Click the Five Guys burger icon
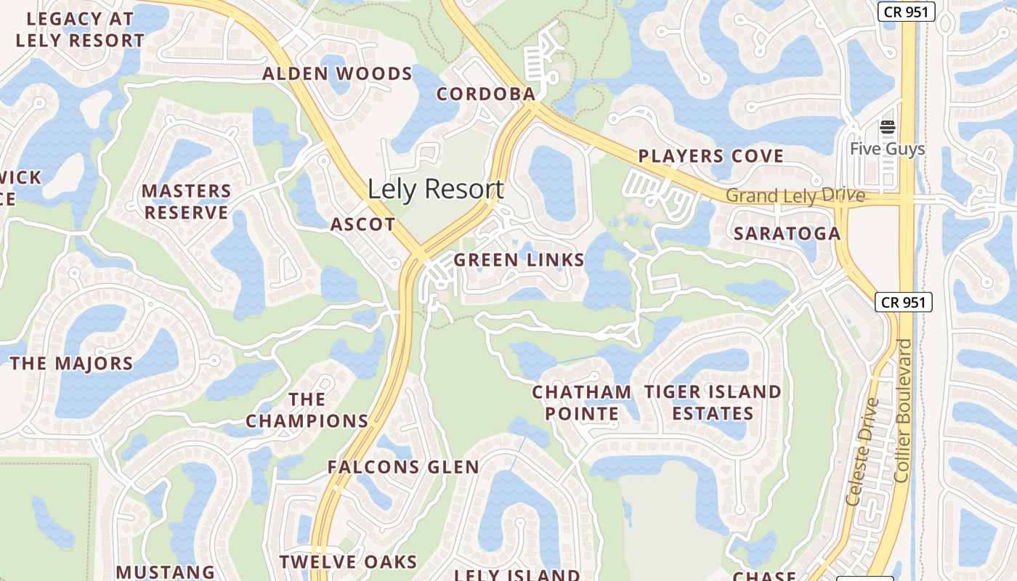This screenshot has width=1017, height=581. pos(887,128)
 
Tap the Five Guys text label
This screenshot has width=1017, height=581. pos(887,149)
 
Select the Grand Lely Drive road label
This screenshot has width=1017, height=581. pos(795,195)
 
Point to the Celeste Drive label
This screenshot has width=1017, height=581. pos(863,451)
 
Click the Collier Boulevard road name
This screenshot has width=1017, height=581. pos(903,410)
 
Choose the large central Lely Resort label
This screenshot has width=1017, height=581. pos(435,190)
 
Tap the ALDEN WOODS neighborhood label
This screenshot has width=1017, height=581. pos(337,73)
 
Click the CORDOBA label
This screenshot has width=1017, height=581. pos(486,94)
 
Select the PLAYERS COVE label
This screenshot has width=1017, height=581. pos(710,156)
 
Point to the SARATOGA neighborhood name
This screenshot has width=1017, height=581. pos(787,233)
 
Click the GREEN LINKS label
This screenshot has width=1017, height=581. pos(519,260)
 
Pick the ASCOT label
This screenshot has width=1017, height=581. pos(362,224)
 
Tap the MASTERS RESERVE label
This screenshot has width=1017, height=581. pos(186,202)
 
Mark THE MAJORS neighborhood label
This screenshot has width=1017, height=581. pos(71,363)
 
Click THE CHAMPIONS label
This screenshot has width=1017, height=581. pos(307,410)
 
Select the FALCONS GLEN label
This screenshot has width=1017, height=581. pos(403,467)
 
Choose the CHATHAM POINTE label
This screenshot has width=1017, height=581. pos(582,403)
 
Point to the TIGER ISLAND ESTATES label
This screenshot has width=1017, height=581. pos(713,403)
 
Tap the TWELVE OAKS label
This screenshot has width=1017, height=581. pos(349,561)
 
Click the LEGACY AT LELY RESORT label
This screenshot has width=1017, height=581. pos(80,29)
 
